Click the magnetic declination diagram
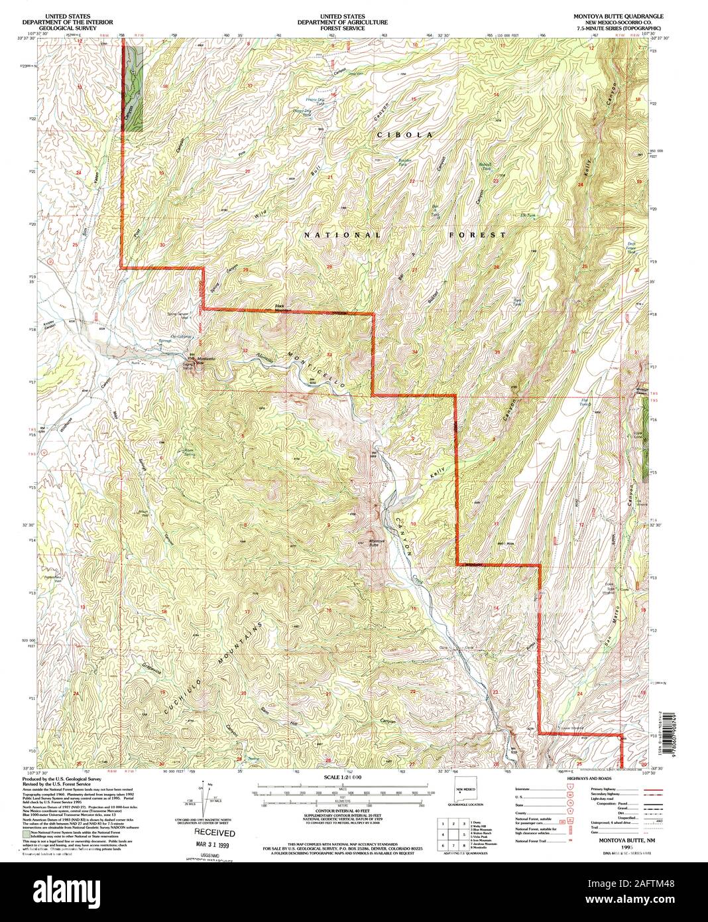tap(204, 796)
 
